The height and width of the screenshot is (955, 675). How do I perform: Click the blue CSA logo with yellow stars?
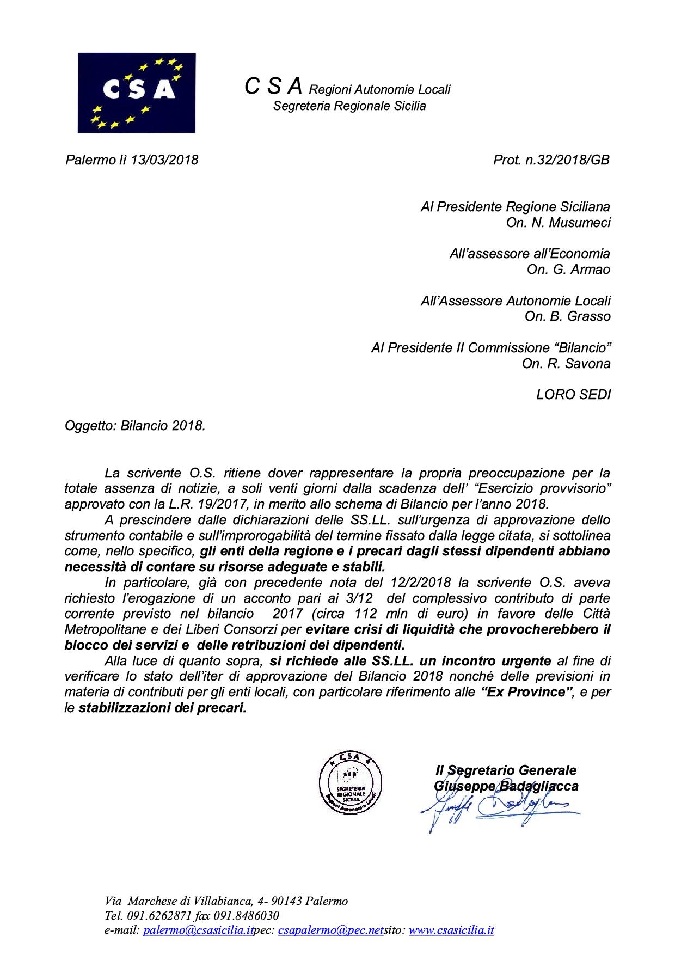pos(136,93)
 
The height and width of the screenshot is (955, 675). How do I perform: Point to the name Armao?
pos(590,270)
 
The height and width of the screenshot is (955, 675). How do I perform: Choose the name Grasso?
pos(588,316)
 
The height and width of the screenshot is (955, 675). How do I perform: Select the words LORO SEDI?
pos(573,394)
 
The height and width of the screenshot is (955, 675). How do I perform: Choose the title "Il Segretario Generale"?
pos(506,770)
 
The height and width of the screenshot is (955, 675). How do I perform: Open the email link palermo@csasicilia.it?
pos(198,930)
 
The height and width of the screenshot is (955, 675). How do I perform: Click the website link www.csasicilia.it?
pos(451,930)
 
